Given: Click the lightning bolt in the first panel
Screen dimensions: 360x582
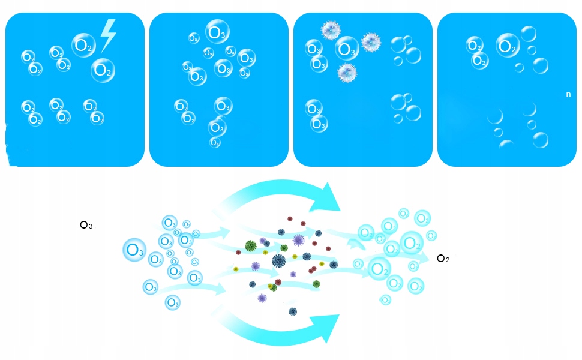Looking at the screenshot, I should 108,34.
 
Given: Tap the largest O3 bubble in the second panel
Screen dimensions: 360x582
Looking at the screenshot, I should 217,31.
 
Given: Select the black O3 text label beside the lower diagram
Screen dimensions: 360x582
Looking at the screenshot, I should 86,225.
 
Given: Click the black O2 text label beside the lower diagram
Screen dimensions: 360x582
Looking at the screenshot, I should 443,259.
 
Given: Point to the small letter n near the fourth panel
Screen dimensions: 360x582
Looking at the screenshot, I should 568,94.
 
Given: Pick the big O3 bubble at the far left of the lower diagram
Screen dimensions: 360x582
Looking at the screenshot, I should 134,250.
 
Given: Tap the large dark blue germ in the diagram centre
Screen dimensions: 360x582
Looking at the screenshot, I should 278,260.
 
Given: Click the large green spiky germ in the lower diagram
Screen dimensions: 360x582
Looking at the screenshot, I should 251,245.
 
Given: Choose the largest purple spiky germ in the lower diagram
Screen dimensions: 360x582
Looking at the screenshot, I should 298,241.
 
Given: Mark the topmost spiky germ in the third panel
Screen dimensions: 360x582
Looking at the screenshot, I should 331,29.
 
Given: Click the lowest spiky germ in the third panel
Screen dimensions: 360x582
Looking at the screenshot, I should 347,72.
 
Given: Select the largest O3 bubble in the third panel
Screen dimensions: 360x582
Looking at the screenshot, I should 347,49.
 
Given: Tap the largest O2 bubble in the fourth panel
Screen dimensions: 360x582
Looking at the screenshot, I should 507,45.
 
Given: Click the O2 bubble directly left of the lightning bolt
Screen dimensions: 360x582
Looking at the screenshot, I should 83,44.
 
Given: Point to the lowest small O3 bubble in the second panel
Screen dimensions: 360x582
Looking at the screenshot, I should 215,143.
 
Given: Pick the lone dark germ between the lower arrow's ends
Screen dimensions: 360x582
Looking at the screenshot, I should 293,311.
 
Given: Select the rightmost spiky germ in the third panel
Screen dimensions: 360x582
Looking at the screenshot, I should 371,42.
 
